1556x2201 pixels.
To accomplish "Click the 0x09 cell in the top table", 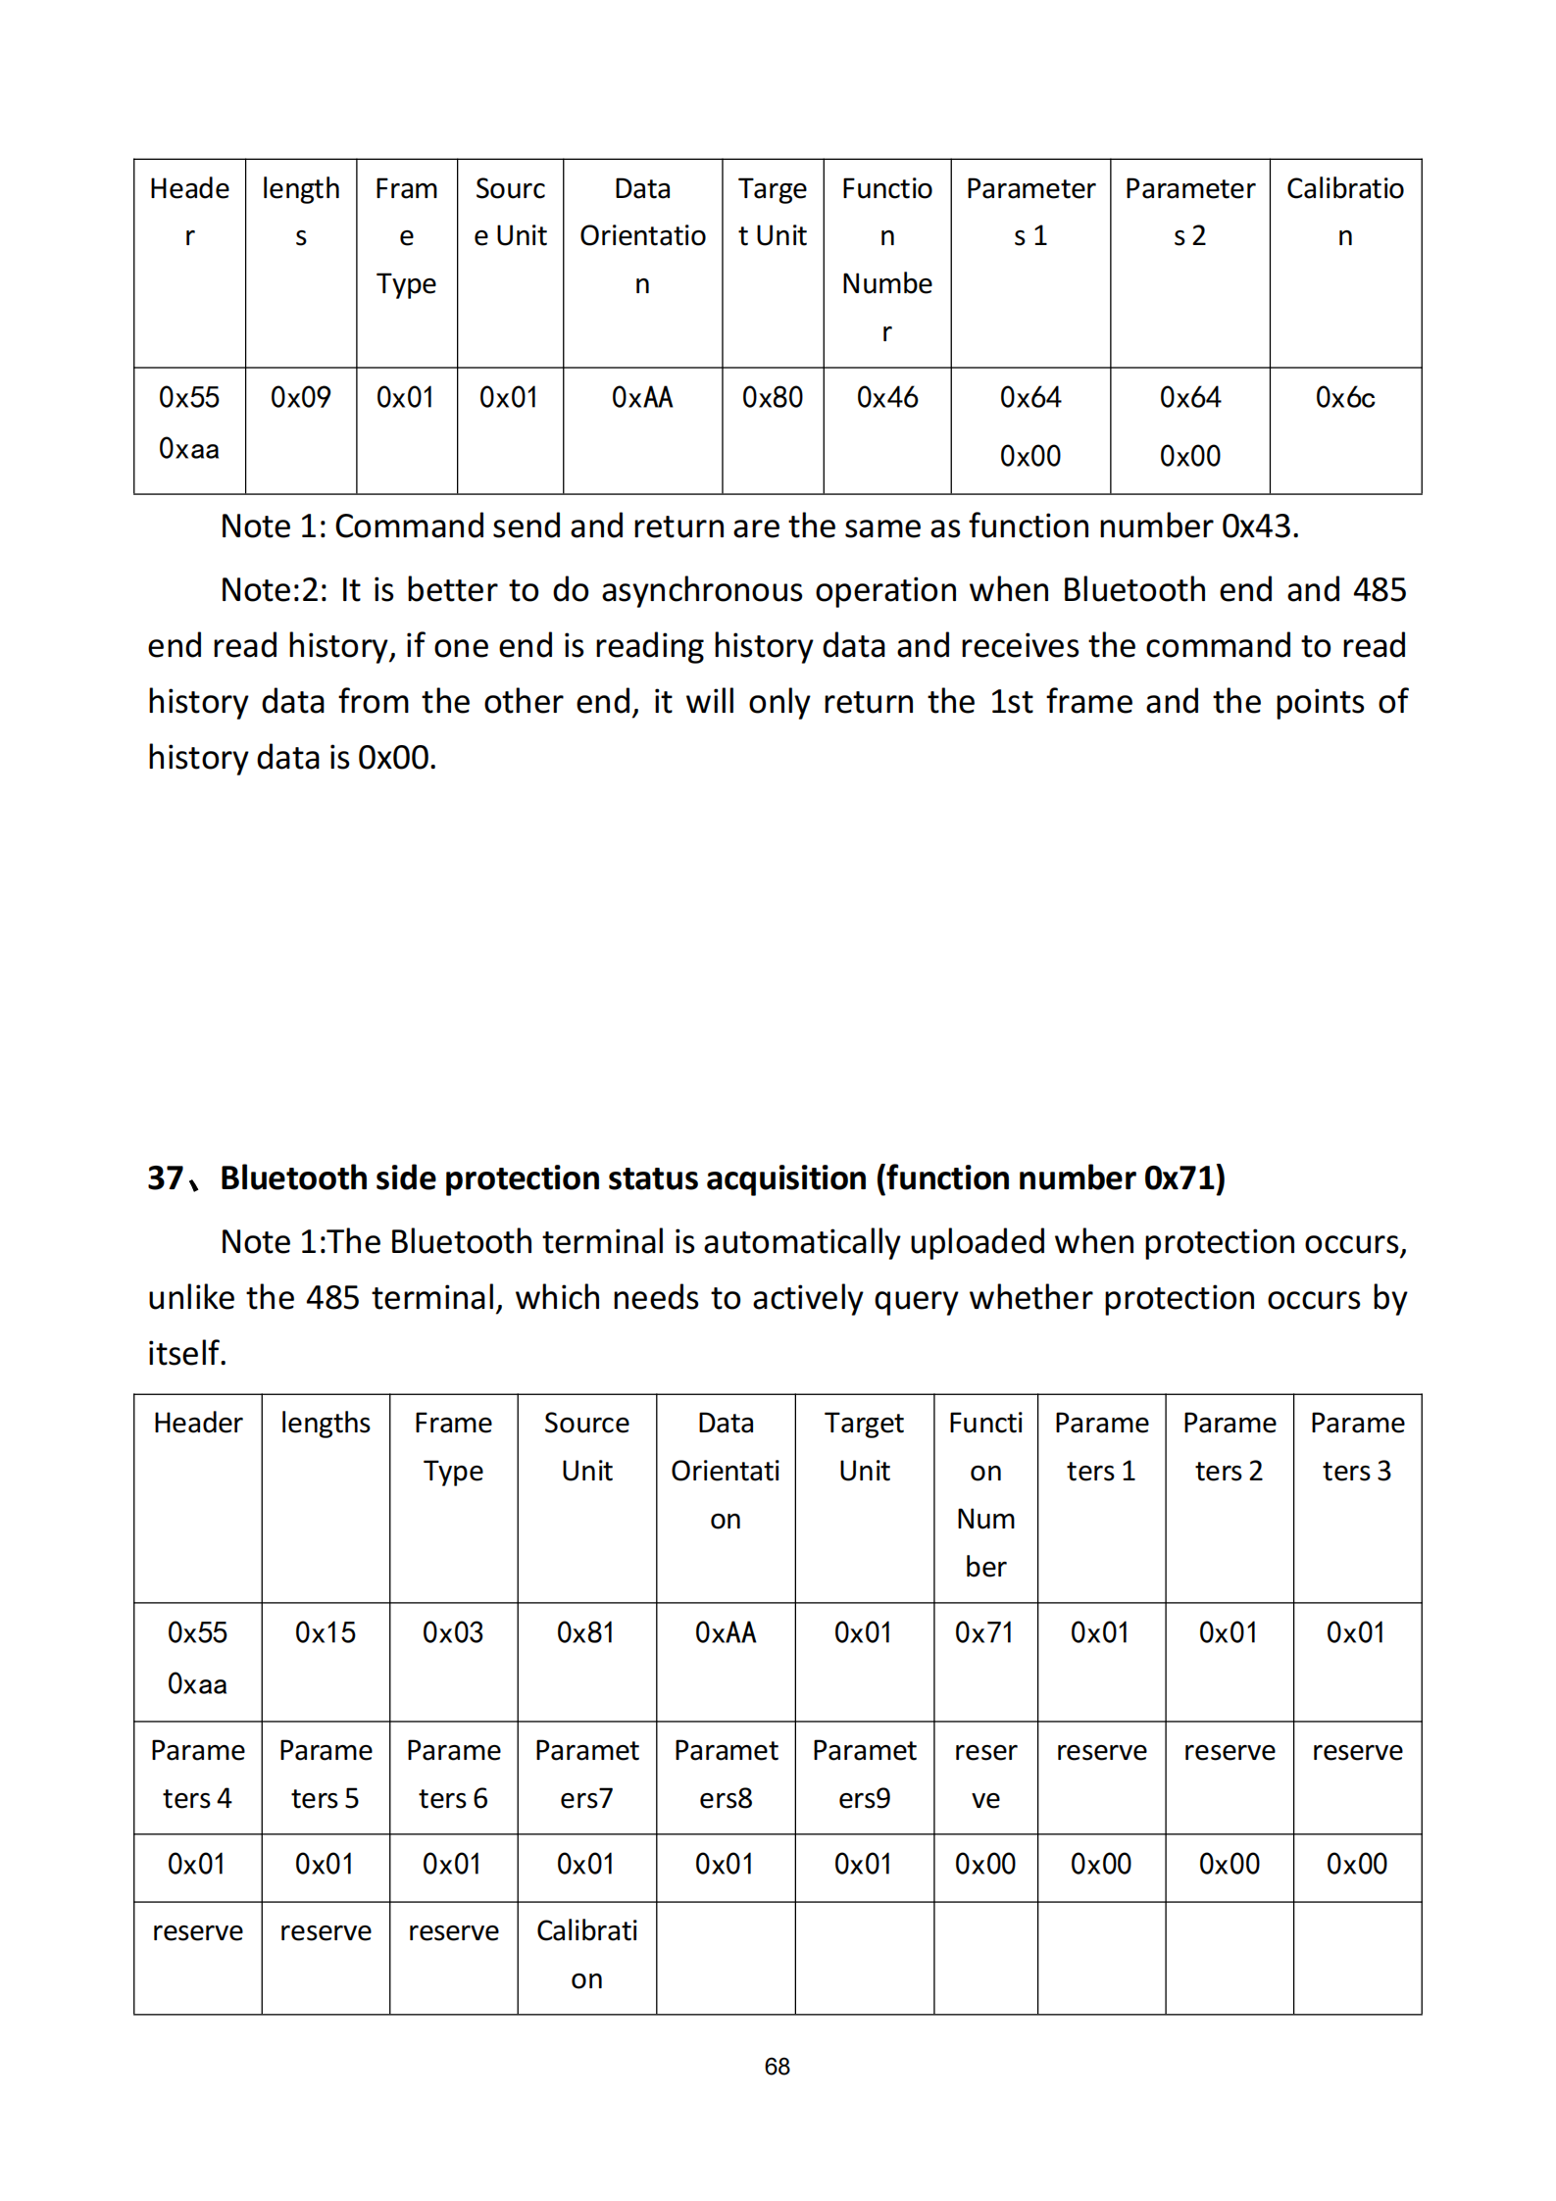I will pyautogui.click(x=300, y=398).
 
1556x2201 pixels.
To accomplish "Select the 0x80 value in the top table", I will pyautogui.click(x=772, y=398).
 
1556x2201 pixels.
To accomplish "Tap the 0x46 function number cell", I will pyautogui.click(x=886, y=398).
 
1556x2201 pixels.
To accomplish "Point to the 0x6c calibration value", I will pyautogui.click(x=1344, y=398).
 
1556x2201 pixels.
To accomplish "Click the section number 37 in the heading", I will pyautogui.click(x=165, y=1177).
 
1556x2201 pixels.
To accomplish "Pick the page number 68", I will pyautogui.click(x=777, y=2067).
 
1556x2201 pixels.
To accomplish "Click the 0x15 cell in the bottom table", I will pyautogui.click(x=325, y=1632).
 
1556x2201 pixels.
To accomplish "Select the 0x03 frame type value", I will pyautogui.click(x=452, y=1632).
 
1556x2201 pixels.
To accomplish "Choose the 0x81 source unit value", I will pyautogui.click(x=585, y=1632).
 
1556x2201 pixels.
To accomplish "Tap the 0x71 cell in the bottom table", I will pyautogui.click(x=984, y=1632).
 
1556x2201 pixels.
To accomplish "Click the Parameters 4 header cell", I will pyautogui.click(x=197, y=1774).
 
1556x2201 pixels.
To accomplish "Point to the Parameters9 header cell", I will pyautogui.click(x=864, y=1774).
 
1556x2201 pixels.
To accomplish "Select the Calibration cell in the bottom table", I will pyautogui.click(x=586, y=1954).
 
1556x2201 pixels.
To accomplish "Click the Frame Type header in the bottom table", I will pyautogui.click(x=452, y=1446).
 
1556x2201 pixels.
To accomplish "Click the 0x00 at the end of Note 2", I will pyautogui.click(x=395, y=758).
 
